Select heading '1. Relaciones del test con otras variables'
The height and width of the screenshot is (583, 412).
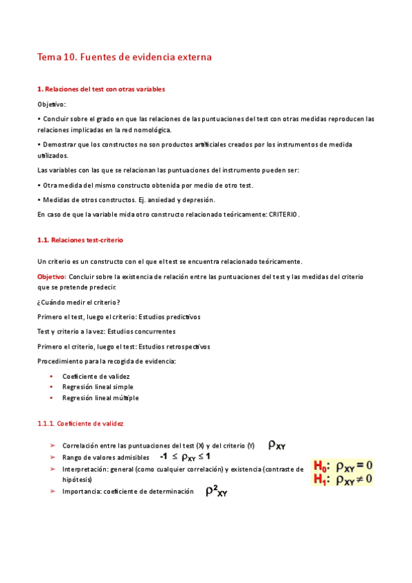[100, 89]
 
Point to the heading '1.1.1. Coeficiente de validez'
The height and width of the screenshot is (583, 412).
[80, 424]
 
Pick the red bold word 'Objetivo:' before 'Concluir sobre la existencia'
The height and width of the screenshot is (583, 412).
[52, 276]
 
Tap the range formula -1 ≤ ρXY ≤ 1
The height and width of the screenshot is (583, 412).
[185, 456]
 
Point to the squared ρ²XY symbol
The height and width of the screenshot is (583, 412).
[217, 492]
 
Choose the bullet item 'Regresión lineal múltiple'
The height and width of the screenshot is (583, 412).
[100, 398]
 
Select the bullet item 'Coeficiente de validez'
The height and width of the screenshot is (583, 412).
[96, 376]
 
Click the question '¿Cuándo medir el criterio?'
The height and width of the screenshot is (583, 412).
[79, 302]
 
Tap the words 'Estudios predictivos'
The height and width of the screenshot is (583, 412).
[169, 317]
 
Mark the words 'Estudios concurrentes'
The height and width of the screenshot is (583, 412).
[139, 331]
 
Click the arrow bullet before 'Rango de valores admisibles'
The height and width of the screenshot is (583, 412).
[52, 457]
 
